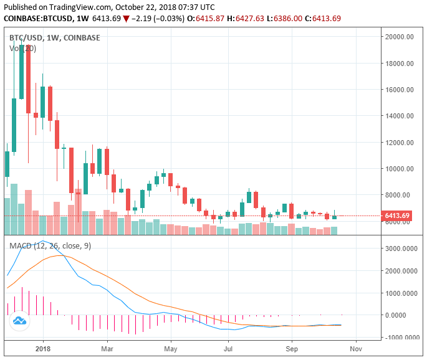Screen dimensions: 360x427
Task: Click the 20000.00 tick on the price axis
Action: [400, 37]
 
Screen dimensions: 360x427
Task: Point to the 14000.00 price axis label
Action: [400, 116]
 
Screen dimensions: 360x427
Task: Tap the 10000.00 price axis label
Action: [400, 169]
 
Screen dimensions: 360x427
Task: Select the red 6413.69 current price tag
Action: [397, 216]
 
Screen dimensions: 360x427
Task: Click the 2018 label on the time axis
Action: [43, 349]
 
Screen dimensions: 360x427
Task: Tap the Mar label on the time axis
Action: [107, 349]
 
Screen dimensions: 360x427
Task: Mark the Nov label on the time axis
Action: [355, 349]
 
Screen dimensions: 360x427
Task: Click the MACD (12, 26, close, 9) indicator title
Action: [50, 246]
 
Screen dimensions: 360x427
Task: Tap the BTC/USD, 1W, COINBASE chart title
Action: [54, 37]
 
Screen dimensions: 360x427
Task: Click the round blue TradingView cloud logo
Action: [19, 321]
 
